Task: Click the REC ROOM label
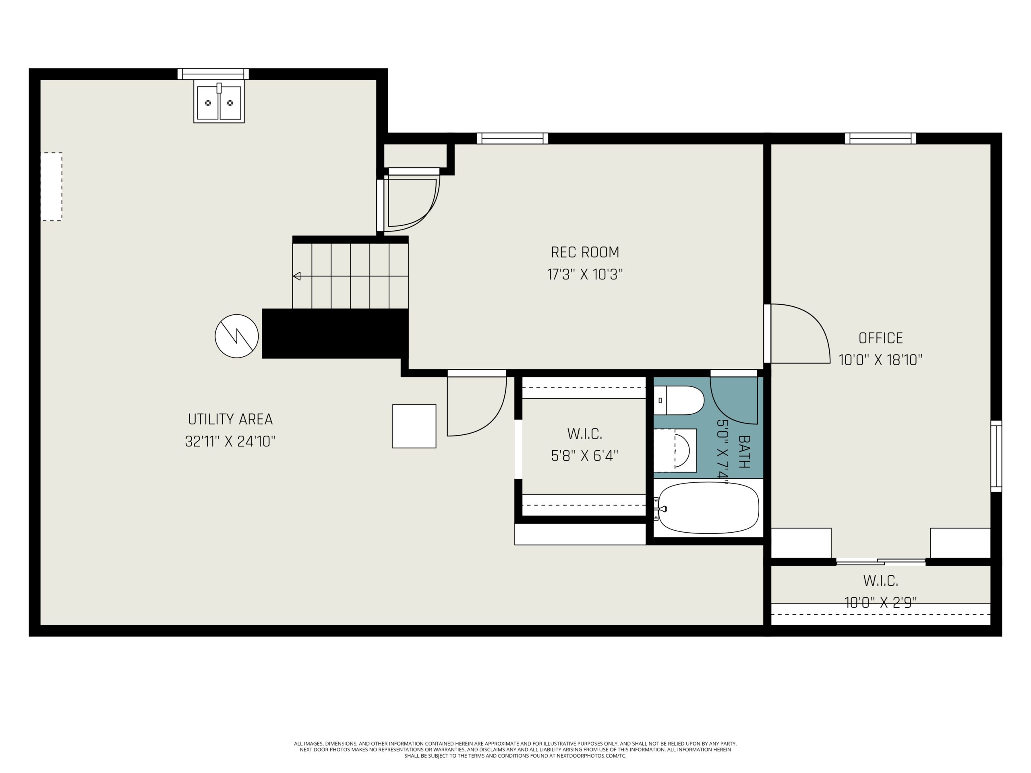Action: pos(585,252)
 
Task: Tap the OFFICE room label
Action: pos(880,338)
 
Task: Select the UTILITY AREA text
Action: pos(230,420)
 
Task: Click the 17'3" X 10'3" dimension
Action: pos(585,275)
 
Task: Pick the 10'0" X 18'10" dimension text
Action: pos(880,360)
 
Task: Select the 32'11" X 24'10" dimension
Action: pos(230,441)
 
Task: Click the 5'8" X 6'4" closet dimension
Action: pos(584,456)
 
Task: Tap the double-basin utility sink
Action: pos(219,103)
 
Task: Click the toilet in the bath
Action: pos(679,400)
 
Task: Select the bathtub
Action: pos(708,508)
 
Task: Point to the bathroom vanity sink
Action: pos(675,451)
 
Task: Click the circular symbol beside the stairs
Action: pos(237,336)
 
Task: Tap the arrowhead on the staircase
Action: pos(296,276)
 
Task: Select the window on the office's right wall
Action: pos(996,456)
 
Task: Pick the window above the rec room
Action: pos(512,138)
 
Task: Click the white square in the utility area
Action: pos(414,426)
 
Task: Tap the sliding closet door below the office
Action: pos(880,562)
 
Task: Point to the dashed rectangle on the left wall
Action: pos(51,186)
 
